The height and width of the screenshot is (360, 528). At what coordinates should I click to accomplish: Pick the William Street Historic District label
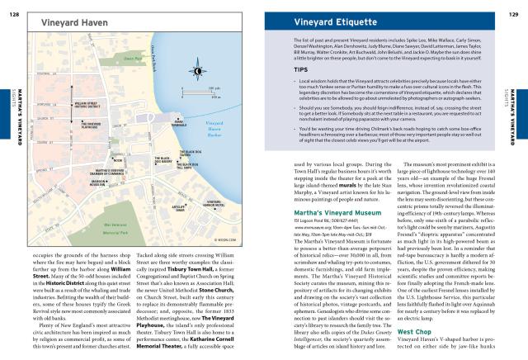coord(87,105)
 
